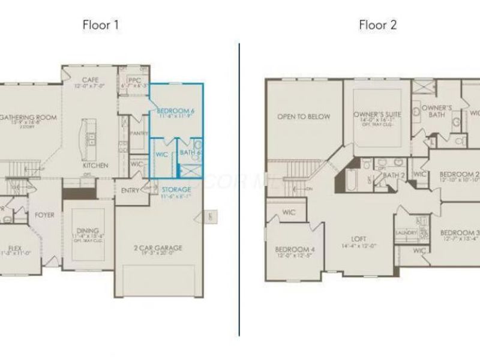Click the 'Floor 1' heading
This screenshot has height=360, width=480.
pos(100,25)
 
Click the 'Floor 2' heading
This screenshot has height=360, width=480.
pos(377,25)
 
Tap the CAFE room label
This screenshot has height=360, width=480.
pos(90,79)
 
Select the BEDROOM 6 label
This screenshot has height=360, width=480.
pos(175,111)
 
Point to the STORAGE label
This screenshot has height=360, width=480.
pos(176,190)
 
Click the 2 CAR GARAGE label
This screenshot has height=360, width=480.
pos(158,247)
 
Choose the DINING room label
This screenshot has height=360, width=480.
pos(87,230)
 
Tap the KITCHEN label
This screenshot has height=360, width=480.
pos(95,165)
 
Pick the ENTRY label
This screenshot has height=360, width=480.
pos(130,191)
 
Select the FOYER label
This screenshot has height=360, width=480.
pos(44,214)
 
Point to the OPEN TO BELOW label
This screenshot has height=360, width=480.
pos(303,117)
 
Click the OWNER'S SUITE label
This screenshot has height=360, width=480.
pos(377,114)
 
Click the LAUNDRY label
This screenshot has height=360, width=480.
pos(401,233)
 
